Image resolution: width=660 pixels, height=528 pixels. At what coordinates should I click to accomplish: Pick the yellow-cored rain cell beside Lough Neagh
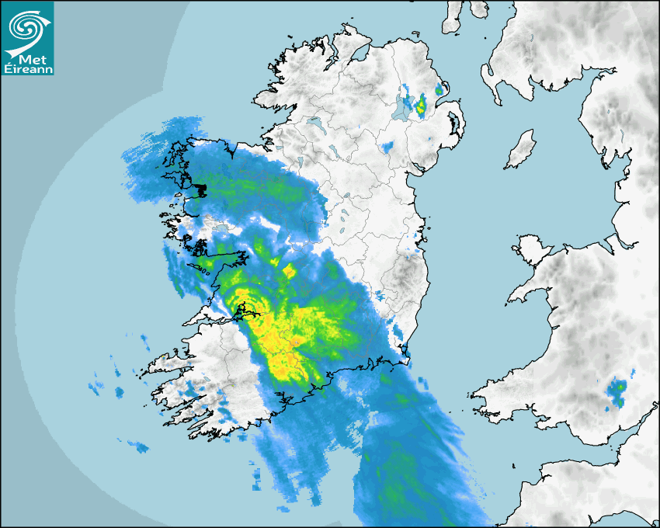[421, 105]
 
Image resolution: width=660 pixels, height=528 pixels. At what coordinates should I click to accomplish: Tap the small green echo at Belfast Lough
[439, 90]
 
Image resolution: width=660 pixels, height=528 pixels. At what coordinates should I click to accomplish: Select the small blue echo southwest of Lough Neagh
[387, 146]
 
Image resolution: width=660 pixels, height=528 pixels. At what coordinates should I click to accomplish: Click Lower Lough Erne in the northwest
[314, 122]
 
